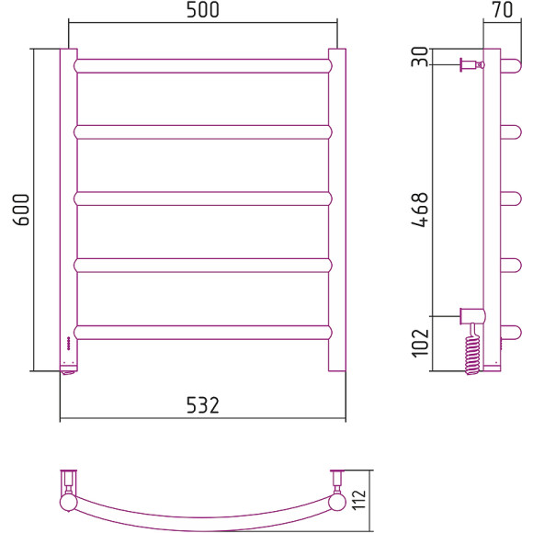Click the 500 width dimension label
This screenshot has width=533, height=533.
pyautogui.click(x=203, y=10)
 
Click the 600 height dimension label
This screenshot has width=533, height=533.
pyautogui.click(x=21, y=210)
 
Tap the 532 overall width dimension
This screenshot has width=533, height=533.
pyautogui.click(x=203, y=405)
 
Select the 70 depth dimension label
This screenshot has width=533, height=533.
pyautogui.click(x=503, y=9)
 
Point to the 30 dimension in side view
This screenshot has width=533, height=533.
pyautogui.click(x=419, y=57)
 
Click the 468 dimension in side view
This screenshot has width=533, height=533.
pyautogui.click(x=419, y=210)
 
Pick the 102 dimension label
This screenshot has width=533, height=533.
pyautogui.click(x=420, y=343)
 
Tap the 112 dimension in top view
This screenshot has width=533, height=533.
pyautogui.click(x=358, y=499)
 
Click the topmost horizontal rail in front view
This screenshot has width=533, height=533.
pyautogui.click(x=203, y=66)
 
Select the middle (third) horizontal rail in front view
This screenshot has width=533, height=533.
pyautogui.click(x=203, y=198)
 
